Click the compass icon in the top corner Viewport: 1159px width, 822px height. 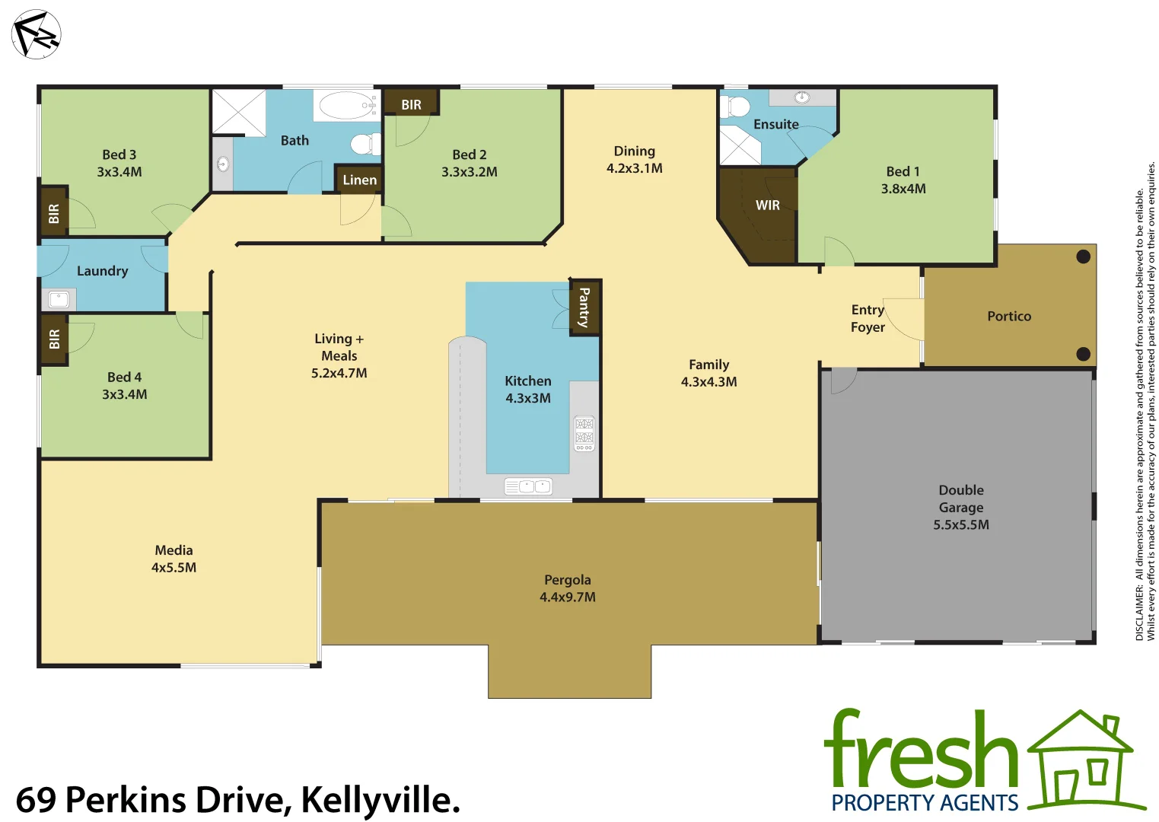click(x=36, y=34)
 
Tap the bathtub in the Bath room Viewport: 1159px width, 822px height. click(x=347, y=105)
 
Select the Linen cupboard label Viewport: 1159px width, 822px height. click(x=359, y=180)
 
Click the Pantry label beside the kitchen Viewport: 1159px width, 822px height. click(x=584, y=307)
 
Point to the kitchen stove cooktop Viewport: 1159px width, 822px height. click(x=584, y=433)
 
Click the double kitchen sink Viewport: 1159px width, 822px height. click(x=528, y=486)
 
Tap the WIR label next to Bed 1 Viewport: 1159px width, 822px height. click(x=767, y=205)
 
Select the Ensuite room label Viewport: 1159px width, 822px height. click(x=775, y=124)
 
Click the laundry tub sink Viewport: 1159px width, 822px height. click(x=59, y=299)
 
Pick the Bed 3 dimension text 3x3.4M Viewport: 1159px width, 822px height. click(x=119, y=172)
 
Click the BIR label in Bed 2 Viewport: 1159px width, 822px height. click(x=411, y=105)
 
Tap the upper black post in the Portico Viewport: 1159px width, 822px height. click(x=1083, y=257)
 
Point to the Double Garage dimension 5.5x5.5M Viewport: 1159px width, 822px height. click(x=961, y=524)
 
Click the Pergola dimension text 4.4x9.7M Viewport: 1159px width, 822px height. click(x=568, y=597)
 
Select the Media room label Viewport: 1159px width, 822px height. click(x=174, y=550)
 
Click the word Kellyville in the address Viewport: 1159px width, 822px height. click(x=380, y=800)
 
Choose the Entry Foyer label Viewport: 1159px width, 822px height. click(x=868, y=318)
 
